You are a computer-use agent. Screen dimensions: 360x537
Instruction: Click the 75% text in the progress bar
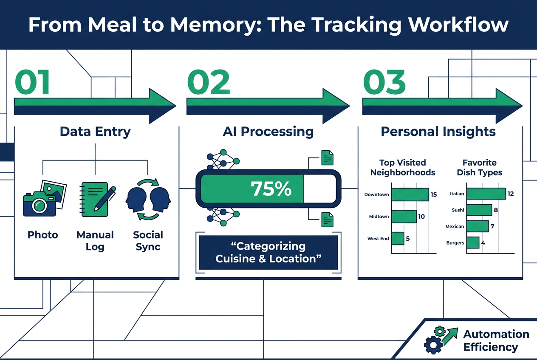[271, 189]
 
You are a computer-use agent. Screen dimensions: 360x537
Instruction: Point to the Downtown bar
[410, 195]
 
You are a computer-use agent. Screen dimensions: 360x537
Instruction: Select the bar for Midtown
[404, 217]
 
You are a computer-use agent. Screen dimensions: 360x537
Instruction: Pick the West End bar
[398, 239]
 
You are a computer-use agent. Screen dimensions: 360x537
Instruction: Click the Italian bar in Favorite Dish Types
[486, 194]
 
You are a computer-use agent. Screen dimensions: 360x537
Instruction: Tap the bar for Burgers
[473, 243]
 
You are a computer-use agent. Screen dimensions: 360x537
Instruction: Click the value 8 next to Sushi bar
[496, 210]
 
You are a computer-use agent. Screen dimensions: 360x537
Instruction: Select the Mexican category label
[455, 227]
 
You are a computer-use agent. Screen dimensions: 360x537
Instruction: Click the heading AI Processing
[268, 132]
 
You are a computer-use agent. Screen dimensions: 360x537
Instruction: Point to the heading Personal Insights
[438, 132]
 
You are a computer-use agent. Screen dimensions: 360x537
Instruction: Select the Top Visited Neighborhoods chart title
[403, 168]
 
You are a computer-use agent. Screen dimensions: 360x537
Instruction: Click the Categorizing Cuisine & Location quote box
[268, 253]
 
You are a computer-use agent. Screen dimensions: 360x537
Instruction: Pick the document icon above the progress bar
[327, 158]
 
